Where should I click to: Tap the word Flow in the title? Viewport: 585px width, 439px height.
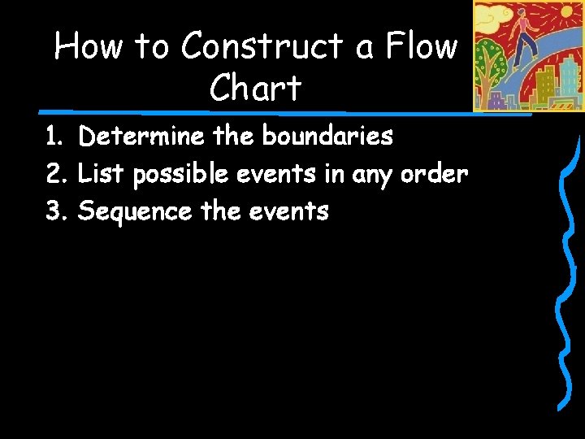tap(422, 47)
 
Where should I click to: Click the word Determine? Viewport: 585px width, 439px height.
tap(141, 137)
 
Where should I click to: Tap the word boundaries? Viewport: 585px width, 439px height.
tap(327, 137)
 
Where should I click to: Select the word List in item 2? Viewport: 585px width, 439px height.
tap(101, 174)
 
